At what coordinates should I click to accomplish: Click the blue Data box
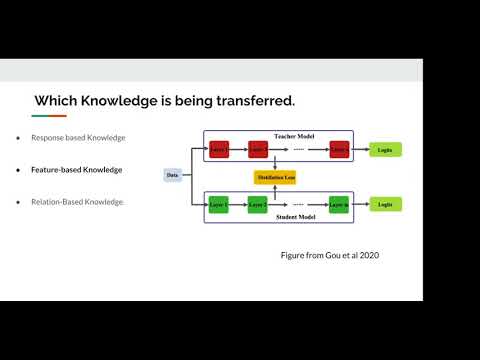(x=174, y=176)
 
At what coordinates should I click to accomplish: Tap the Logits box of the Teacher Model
(x=384, y=150)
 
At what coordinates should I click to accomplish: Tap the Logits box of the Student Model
(x=384, y=204)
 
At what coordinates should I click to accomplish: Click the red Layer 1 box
(x=220, y=150)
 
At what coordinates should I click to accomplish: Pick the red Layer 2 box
(x=258, y=150)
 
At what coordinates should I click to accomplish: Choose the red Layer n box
(x=340, y=150)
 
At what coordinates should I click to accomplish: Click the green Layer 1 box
(x=220, y=204)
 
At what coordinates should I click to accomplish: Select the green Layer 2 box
(x=258, y=204)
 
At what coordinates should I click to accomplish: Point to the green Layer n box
(x=340, y=204)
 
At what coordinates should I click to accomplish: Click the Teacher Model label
(x=294, y=136)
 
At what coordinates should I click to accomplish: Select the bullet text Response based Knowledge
(x=78, y=137)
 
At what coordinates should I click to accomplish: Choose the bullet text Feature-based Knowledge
(x=77, y=170)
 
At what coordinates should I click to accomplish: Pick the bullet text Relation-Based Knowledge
(x=78, y=202)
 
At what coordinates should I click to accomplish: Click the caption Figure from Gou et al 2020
(x=329, y=255)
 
